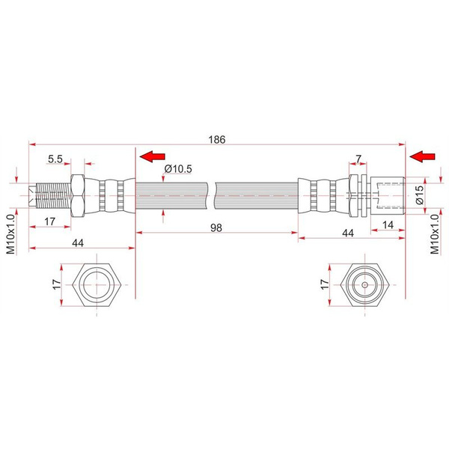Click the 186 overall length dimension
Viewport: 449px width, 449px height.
(218, 140)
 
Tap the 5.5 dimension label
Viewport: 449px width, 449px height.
(55, 159)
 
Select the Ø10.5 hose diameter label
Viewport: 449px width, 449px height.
(177, 169)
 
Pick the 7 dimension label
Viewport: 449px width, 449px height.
(358, 159)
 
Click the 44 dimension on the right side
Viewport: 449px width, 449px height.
(346, 234)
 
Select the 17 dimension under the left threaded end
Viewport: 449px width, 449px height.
(51, 222)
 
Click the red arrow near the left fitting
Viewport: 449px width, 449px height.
(153, 156)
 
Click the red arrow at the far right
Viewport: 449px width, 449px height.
(423, 156)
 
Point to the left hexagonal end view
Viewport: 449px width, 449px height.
(96, 285)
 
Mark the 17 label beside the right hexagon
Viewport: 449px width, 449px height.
(324, 285)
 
